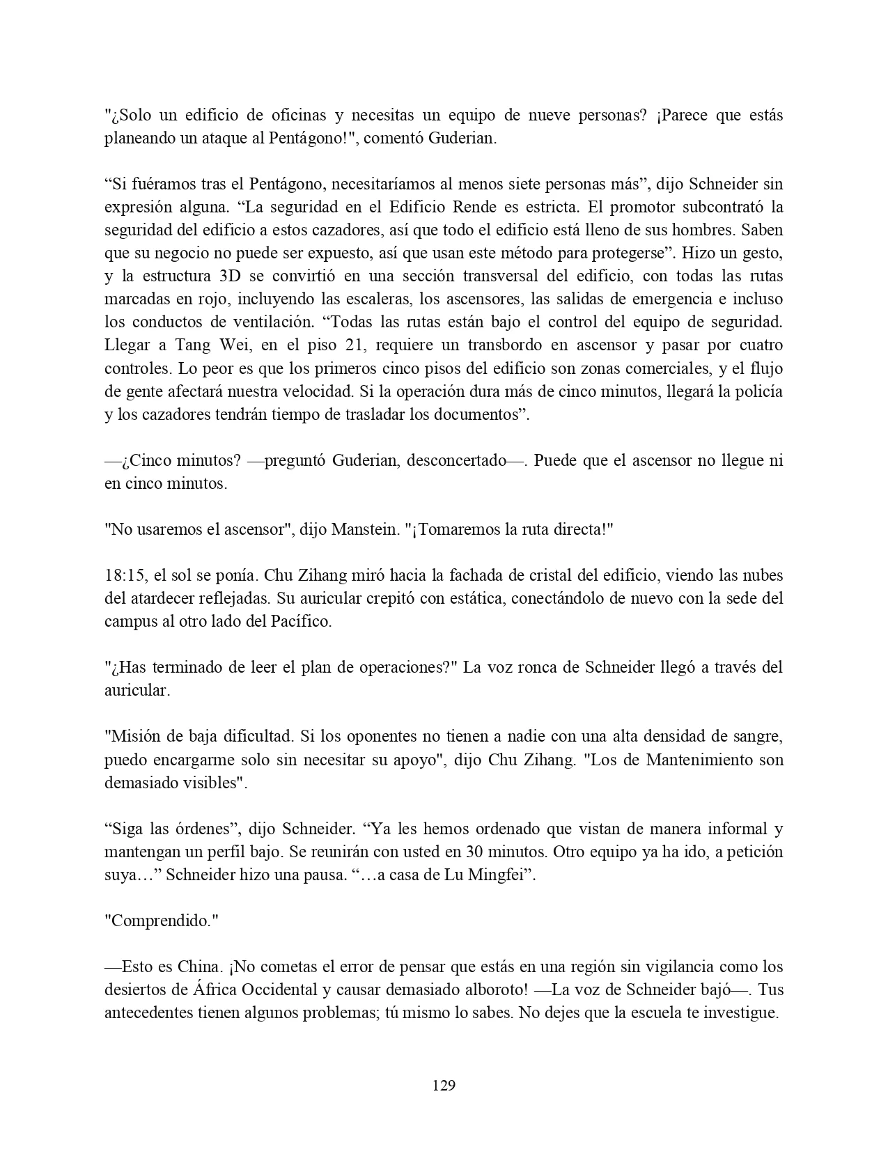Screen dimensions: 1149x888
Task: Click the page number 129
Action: point(444,1085)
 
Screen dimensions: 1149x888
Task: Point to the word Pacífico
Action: point(299,621)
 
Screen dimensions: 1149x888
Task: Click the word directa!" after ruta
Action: point(577,529)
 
